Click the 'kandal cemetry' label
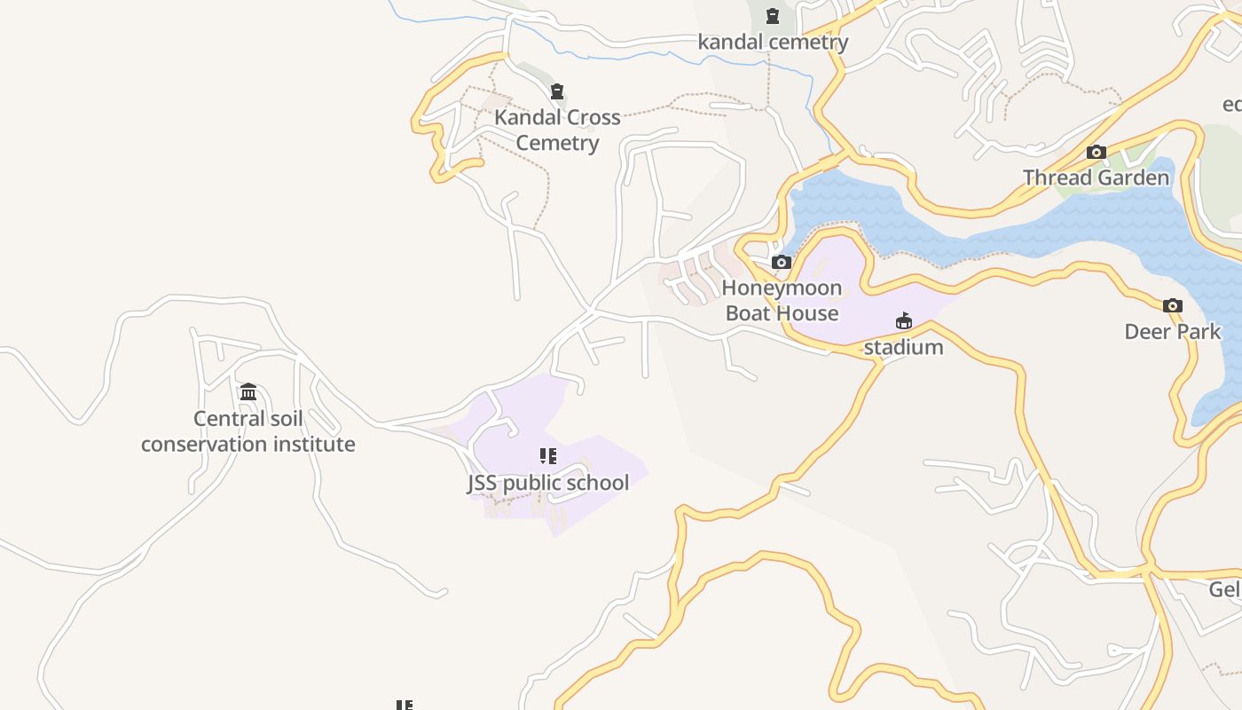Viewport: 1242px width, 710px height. [x=773, y=42]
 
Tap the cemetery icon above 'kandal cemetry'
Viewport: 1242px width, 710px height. [x=773, y=15]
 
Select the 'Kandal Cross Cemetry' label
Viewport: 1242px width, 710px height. [x=557, y=130]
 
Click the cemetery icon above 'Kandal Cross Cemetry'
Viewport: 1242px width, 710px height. [x=557, y=91]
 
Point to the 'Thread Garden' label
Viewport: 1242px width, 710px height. [x=1097, y=177]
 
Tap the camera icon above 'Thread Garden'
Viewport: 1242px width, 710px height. [x=1097, y=153]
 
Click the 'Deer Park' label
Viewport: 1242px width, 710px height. [x=1173, y=332]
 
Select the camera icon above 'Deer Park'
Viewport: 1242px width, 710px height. [x=1173, y=306]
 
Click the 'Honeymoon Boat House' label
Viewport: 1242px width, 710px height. [x=782, y=300]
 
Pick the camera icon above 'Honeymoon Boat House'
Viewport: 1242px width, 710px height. [x=782, y=262]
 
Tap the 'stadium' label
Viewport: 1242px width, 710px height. [x=903, y=347]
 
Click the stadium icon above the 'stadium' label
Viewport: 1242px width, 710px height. [x=904, y=320]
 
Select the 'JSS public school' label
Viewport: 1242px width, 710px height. [x=548, y=483]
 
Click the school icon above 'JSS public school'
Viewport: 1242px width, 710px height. [x=548, y=456]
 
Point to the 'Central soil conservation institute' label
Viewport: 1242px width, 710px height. [x=248, y=431]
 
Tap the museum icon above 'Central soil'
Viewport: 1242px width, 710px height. [x=248, y=391]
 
